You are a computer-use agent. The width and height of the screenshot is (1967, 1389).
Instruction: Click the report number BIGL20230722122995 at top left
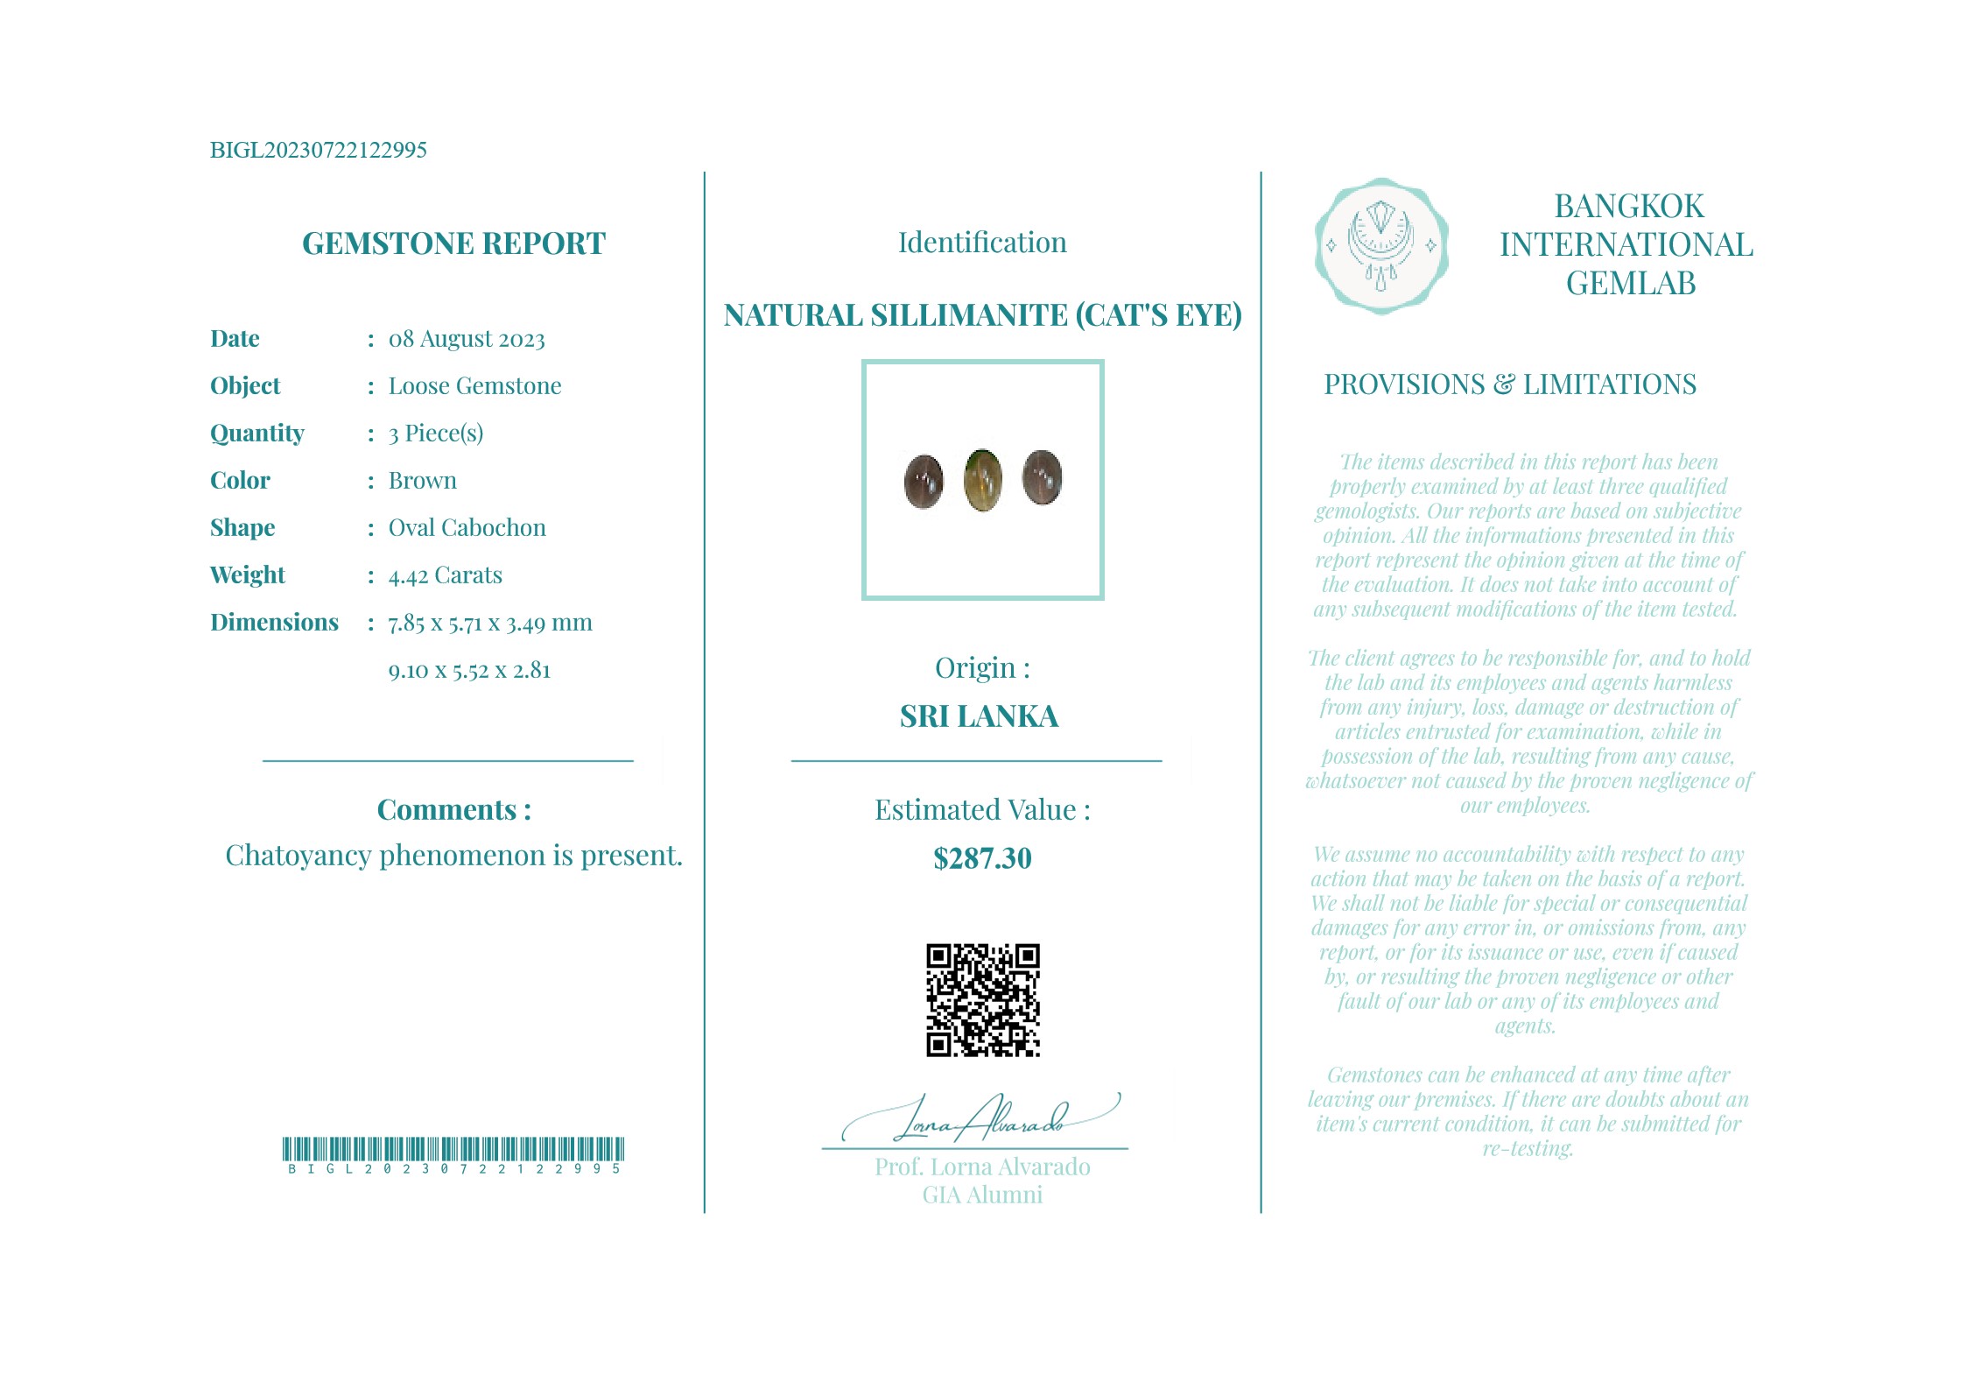coord(318,150)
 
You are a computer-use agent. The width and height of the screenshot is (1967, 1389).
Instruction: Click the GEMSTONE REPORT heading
coord(453,243)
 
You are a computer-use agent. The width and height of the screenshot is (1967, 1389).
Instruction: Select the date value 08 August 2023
coord(467,339)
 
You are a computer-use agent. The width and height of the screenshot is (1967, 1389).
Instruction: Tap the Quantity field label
coord(256,433)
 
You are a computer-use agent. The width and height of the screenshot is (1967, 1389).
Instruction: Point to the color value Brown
coord(422,480)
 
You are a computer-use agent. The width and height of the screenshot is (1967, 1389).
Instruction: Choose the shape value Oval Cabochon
coord(467,527)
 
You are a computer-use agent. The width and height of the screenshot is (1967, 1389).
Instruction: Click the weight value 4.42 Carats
coord(445,575)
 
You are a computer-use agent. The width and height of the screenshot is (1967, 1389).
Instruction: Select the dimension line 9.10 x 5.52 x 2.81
coord(469,671)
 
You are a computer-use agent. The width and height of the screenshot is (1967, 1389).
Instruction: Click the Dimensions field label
coord(274,622)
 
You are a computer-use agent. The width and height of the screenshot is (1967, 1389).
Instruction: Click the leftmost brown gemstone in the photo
coord(924,481)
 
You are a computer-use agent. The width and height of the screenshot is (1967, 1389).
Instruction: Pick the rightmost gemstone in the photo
coord(1042,478)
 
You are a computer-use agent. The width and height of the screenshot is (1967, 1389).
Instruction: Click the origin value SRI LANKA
coord(979,716)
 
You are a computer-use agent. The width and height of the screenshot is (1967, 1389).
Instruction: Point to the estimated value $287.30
coord(982,858)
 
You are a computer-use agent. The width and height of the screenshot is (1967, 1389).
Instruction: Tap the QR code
coord(982,999)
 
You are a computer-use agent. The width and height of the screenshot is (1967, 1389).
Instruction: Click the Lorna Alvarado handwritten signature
coord(980,1119)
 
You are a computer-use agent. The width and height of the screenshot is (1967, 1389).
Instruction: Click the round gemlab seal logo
coord(1380,246)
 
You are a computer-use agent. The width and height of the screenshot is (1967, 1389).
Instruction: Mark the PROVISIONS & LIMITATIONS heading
coord(1509,384)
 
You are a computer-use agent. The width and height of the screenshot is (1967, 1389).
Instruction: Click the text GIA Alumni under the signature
coord(982,1195)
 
